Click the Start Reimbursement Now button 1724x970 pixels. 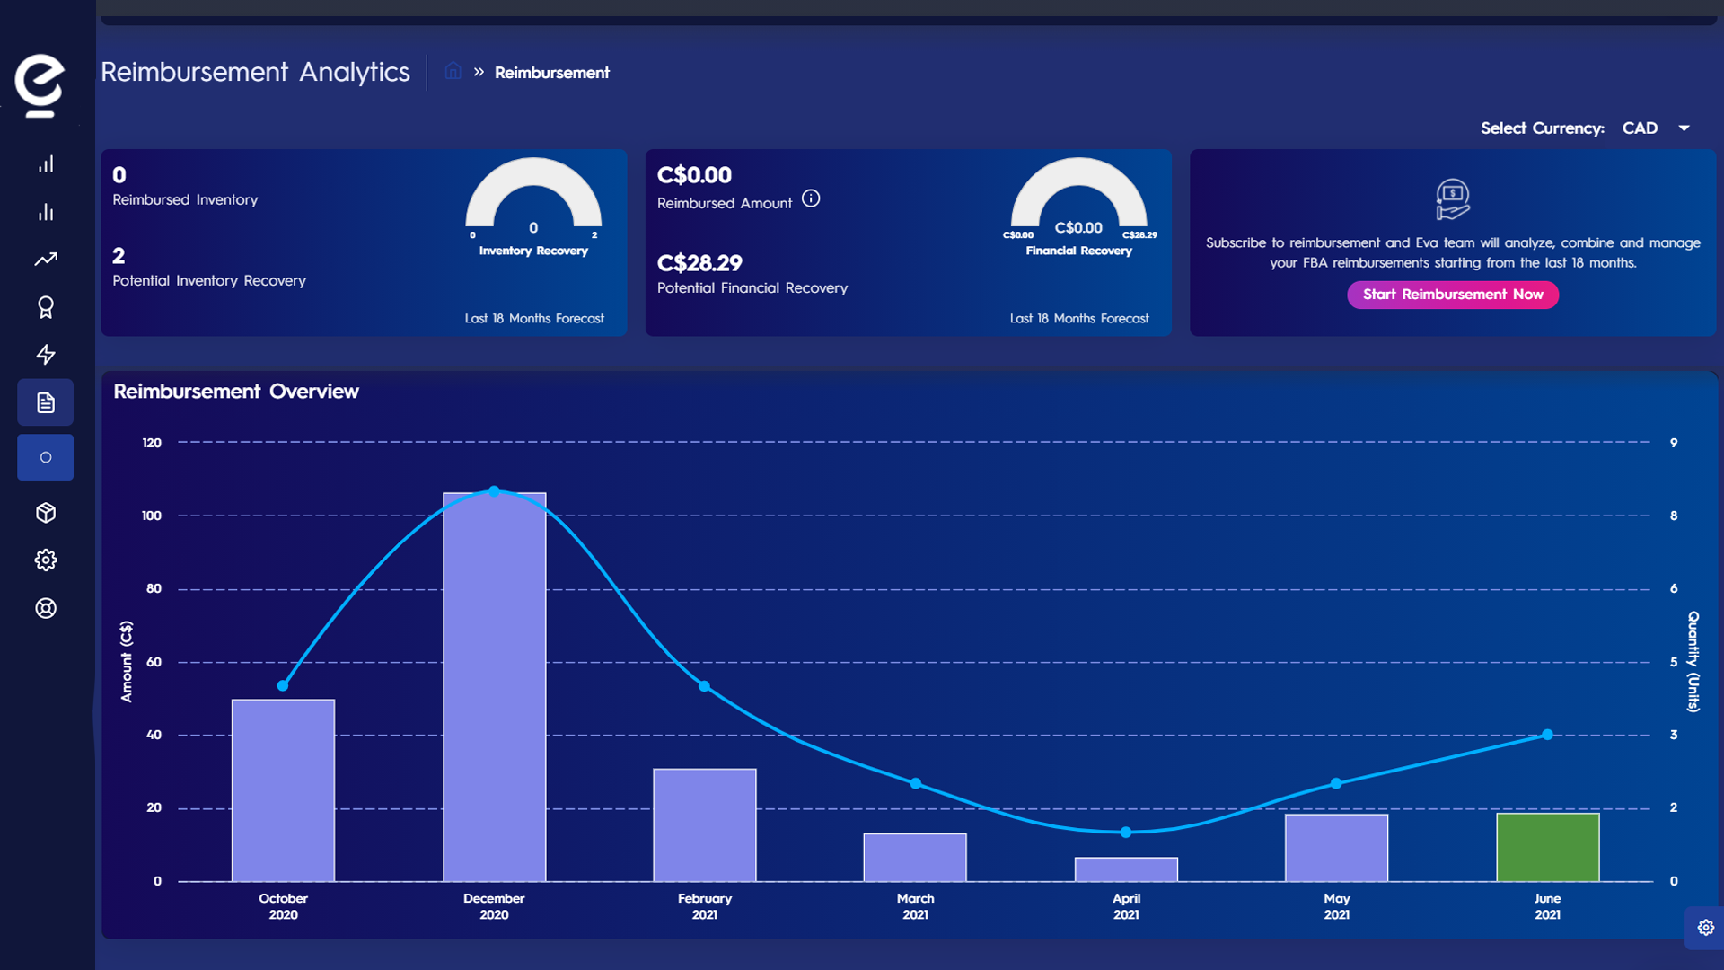1452,295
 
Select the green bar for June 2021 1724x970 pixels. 1547,847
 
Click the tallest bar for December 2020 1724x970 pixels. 494,687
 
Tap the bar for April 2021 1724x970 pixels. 1126,869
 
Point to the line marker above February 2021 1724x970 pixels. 705,686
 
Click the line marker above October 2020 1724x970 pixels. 283,685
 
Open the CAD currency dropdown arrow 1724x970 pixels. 1684,128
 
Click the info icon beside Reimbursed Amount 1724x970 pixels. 811,198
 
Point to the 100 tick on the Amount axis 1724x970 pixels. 152,516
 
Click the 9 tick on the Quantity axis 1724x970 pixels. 1673,443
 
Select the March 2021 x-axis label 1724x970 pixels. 915,905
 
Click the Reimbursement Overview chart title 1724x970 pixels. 236,392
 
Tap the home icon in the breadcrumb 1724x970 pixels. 453,71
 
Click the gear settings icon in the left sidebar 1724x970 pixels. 46,560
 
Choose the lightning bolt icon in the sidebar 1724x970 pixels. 46,355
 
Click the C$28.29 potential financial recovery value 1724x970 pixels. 699,263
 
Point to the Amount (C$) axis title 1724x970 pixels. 127,661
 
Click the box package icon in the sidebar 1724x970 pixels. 46,513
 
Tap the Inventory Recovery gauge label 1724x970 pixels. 533,251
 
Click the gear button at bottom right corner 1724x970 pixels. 1705,928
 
